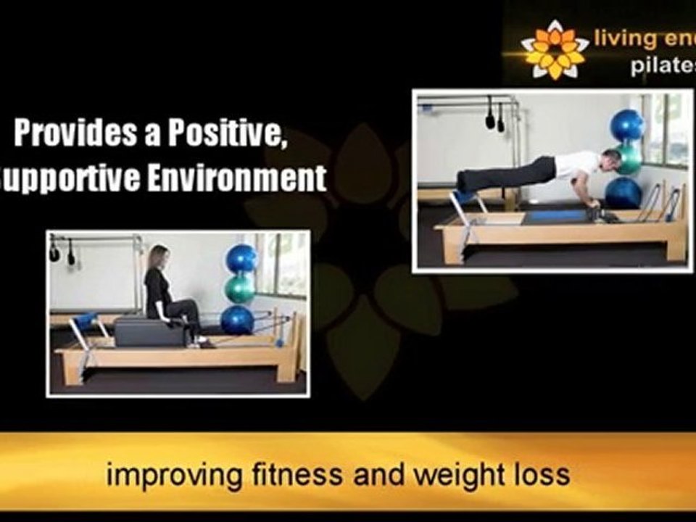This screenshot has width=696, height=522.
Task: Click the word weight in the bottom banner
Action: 436,475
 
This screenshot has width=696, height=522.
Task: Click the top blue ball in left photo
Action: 241,259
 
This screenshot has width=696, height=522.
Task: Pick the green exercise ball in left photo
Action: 240,289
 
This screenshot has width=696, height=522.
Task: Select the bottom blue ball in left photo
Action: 238,320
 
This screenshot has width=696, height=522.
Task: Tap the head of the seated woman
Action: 159,257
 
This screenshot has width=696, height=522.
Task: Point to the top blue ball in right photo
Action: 627,125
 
